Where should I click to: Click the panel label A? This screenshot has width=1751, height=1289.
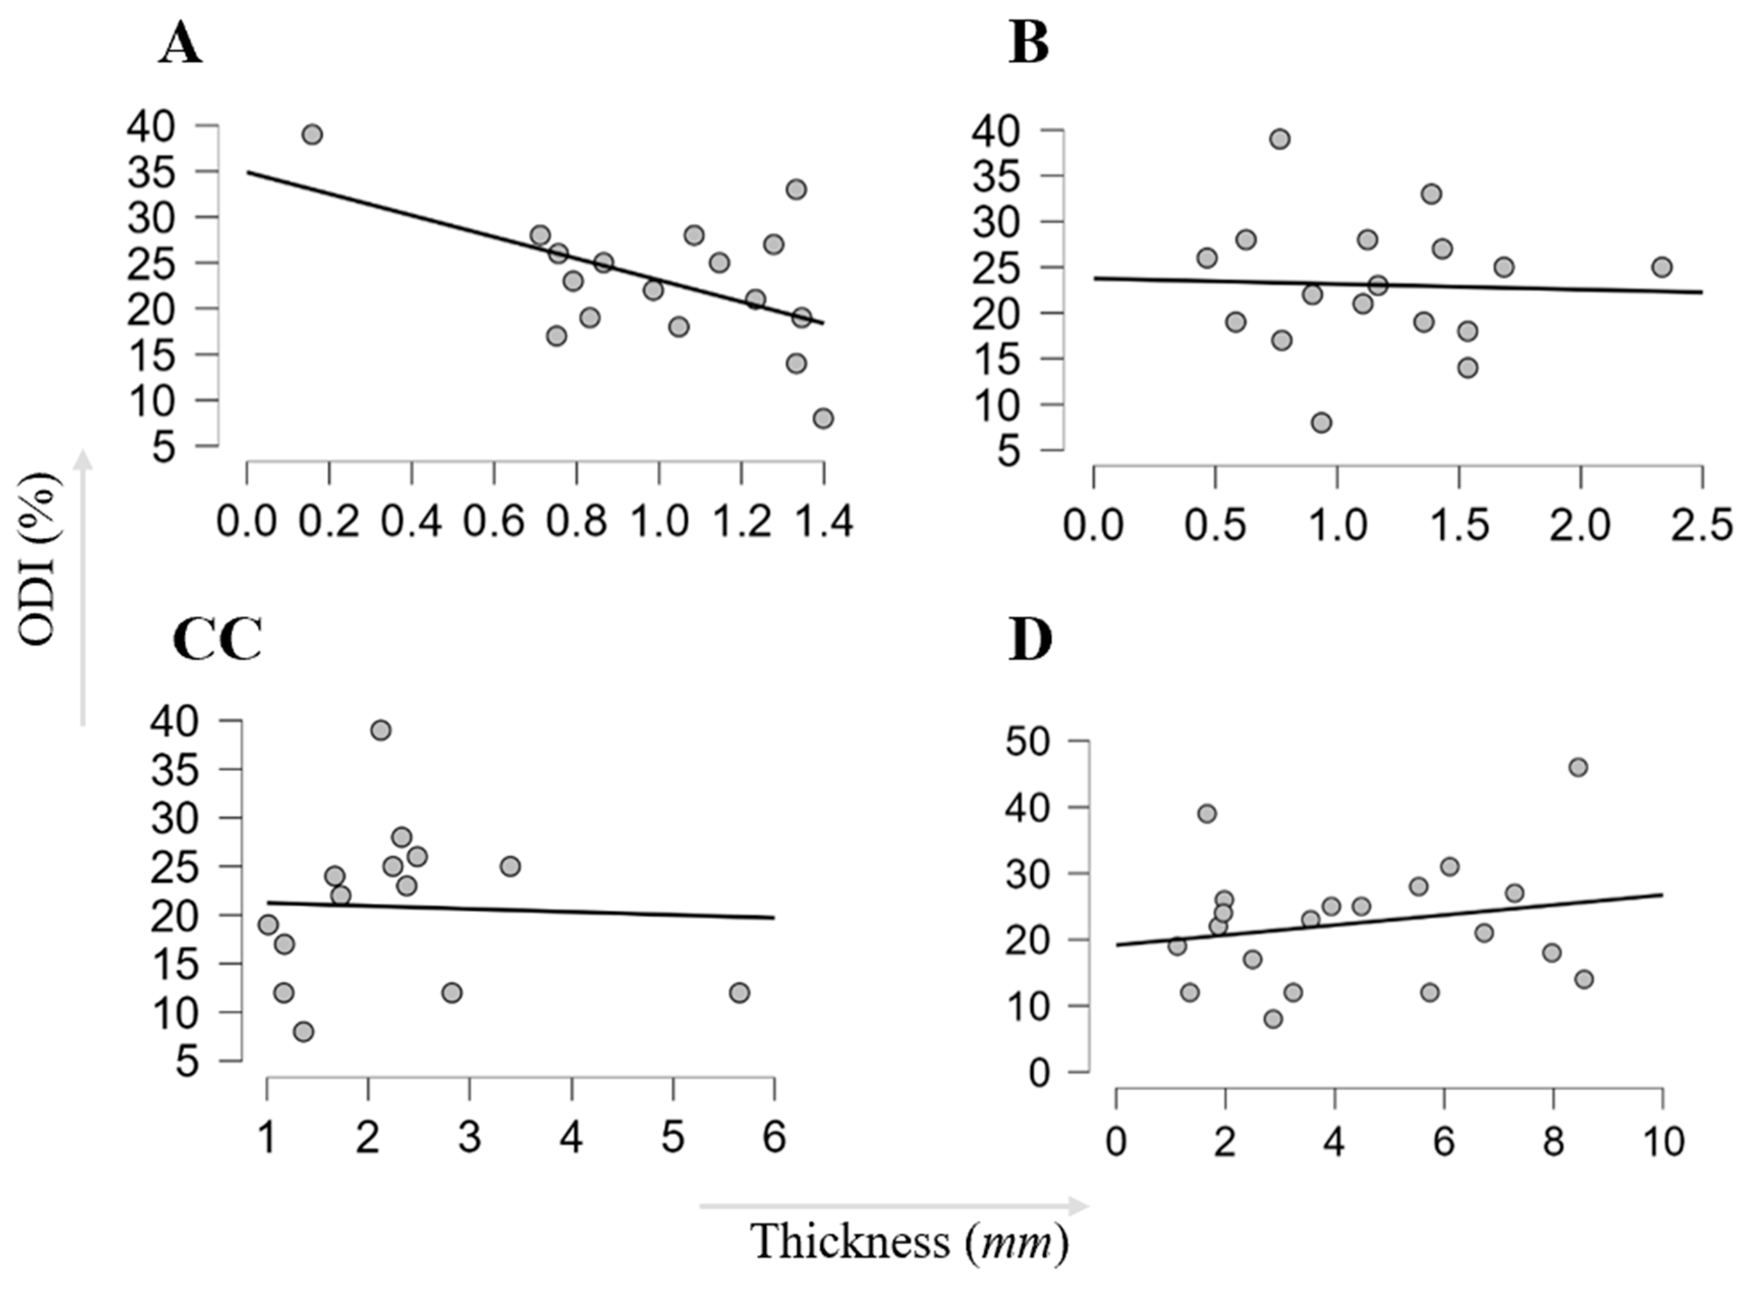(x=181, y=44)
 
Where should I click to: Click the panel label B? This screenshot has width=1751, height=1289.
(x=1030, y=44)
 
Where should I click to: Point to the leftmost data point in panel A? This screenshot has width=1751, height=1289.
(x=312, y=134)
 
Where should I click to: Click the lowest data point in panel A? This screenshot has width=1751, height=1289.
(x=823, y=418)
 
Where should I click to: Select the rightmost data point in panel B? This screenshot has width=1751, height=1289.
(x=1662, y=267)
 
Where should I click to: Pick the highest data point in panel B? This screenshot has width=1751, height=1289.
(x=1280, y=139)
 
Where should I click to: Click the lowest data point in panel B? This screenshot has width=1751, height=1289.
(x=1321, y=422)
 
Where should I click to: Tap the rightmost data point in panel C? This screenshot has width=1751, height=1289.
(x=740, y=993)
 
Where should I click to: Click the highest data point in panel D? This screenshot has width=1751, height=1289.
(x=1578, y=767)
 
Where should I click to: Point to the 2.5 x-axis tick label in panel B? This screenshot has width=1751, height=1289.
(x=1703, y=525)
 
